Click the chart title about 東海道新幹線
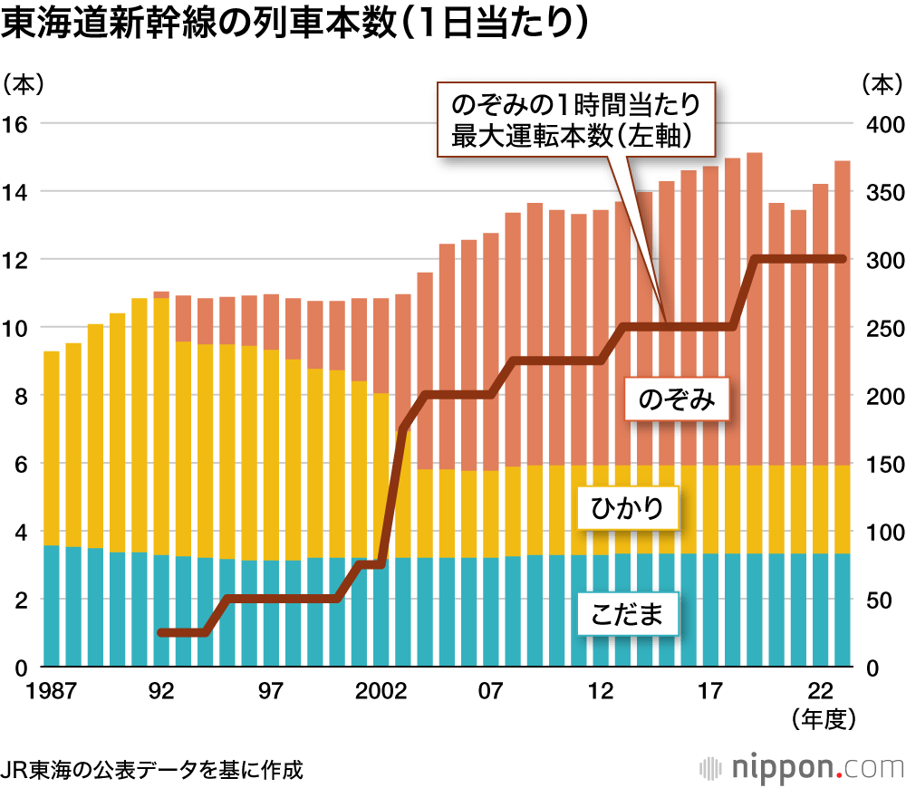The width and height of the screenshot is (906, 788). (294, 24)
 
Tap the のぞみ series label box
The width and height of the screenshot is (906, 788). (676, 400)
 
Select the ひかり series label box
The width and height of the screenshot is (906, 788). (628, 508)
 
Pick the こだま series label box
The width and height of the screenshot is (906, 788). (628, 613)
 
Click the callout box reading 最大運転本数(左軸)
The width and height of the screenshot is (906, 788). (580, 120)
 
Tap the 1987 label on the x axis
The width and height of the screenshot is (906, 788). (52, 691)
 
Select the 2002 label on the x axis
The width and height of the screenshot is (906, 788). (380, 691)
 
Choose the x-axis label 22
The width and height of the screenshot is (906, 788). (820, 691)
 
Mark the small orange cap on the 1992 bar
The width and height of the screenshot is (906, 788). (161, 294)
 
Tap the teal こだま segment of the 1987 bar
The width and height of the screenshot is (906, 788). (52, 606)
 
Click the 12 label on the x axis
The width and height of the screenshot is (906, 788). (600, 691)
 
